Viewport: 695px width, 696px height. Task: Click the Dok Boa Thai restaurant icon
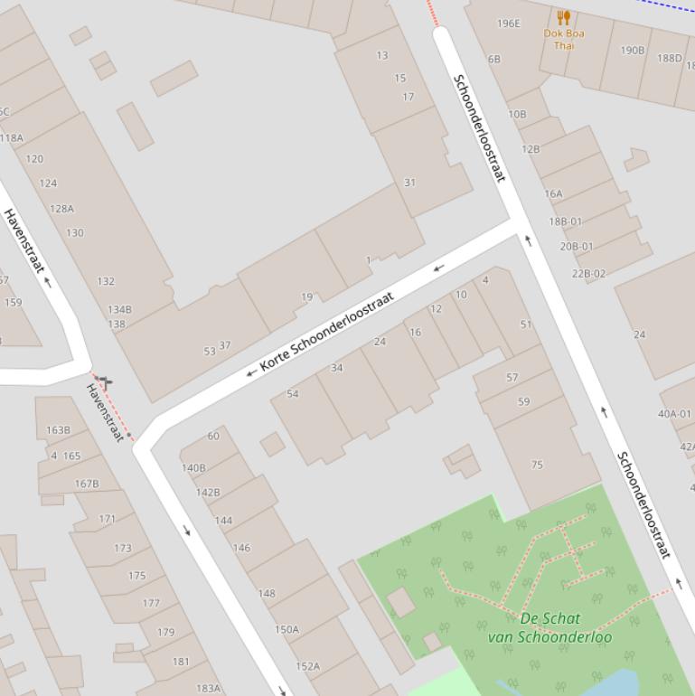[564, 17]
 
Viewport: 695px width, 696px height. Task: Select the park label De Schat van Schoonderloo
[549, 627]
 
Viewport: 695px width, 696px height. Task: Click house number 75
[537, 466]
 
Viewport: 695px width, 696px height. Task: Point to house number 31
[409, 183]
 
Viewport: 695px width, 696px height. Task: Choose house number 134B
[119, 310]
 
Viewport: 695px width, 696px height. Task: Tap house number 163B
[58, 430]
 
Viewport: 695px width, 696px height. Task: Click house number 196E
[509, 24]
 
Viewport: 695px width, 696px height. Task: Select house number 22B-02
[588, 274]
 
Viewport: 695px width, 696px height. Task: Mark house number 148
[266, 594]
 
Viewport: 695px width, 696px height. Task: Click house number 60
[213, 436]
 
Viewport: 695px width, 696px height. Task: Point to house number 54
[292, 394]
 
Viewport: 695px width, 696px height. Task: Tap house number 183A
[208, 688]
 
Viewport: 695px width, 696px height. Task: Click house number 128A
[61, 209]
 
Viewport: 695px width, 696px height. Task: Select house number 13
[381, 56]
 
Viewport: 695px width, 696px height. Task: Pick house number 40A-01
[674, 414]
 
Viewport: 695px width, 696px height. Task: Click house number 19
[306, 297]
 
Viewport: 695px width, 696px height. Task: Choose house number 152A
[307, 666]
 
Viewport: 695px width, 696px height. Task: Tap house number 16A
[553, 193]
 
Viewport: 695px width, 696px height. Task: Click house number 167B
[87, 484]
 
